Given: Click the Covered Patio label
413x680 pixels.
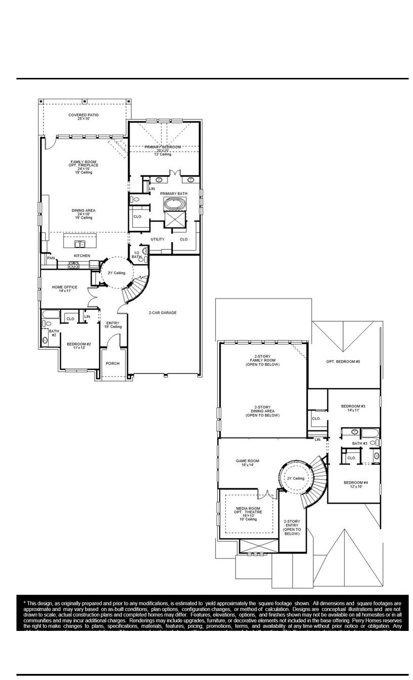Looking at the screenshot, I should [x=84, y=117].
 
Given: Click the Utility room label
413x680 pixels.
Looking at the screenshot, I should [x=157, y=239].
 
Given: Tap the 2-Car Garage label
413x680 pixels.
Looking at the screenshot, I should [x=162, y=313].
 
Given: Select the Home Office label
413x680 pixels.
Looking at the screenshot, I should [x=65, y=289].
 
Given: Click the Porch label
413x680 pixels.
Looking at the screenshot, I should [x=112, y=363].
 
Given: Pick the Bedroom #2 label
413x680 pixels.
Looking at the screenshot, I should [x=76, y=346].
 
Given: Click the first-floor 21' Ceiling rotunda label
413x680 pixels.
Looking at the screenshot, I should [x=116, y=273].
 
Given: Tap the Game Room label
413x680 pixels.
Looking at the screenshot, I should [x=247, y=462].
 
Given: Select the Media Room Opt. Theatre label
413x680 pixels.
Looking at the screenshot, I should [x=248, y=513].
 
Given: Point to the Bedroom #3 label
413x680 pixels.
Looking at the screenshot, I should [x=353, y=408].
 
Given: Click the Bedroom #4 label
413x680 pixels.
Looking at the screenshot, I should [x=356, y=484].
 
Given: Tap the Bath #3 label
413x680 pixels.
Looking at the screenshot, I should [x=359, y=443].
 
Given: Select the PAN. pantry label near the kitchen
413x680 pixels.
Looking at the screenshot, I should [x=51, y=258].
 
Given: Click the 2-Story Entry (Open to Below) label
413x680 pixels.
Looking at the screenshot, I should [x=292, y=527].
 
